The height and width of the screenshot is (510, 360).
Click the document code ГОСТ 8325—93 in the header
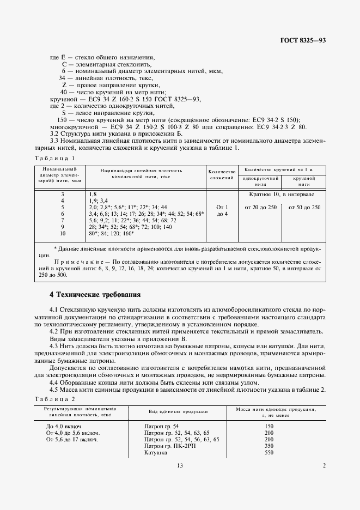[x=303, y=41]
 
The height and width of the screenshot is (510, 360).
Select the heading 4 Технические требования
[x=95, y=295]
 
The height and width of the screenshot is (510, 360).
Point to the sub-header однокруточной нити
[x=261, y=180]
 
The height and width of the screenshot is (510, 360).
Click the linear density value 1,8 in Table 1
[x=92, y=194]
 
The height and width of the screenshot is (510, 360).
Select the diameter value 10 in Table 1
[x=62, y=233]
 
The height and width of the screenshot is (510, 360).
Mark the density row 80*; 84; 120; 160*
[x=111, y=233]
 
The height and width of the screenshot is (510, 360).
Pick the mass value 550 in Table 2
[x=269, y=452]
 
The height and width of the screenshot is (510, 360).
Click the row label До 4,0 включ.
[x=64, y=426]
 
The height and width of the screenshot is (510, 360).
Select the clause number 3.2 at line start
[x=55, y=133]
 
